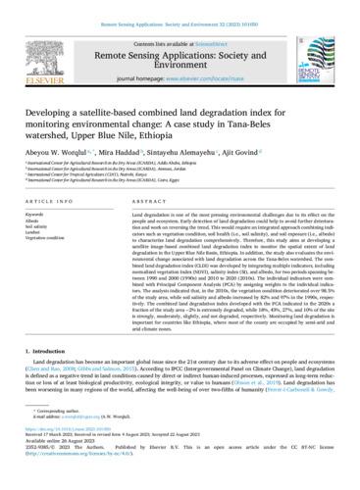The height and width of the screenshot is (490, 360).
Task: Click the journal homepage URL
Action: point(201,74)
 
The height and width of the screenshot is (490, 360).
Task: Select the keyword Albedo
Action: point(38,219)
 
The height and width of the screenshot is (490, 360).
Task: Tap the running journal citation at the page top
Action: point(180,8)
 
